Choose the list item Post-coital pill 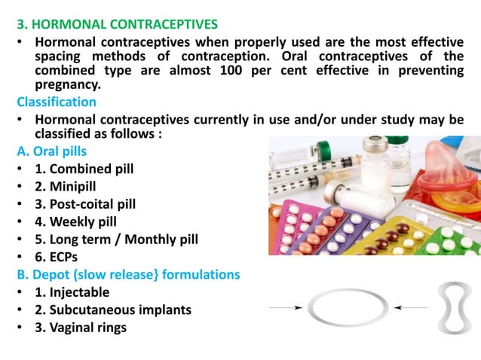tap(85, 204)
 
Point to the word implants tap(164, 310)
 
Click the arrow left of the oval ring tap(286, 307)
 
